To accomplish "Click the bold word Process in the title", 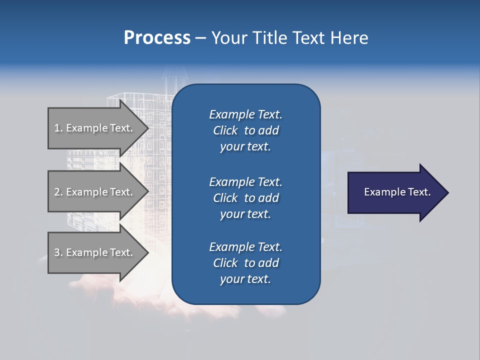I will coord(157,38).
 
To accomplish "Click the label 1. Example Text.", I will coord(93,128).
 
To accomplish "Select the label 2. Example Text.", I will coord(93,192).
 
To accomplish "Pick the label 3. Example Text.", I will coord(93,252).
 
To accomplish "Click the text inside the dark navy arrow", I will coord(397,192).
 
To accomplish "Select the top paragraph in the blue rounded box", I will coord(245,130).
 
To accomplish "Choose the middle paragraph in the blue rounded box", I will coord(245,198).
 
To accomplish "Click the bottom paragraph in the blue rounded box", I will coord(245,263).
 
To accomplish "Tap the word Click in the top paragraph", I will coord(225,130).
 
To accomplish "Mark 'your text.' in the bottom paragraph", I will coord(245,279).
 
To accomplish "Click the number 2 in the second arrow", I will coord(56,192).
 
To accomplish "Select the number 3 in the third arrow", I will coord(56,252).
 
